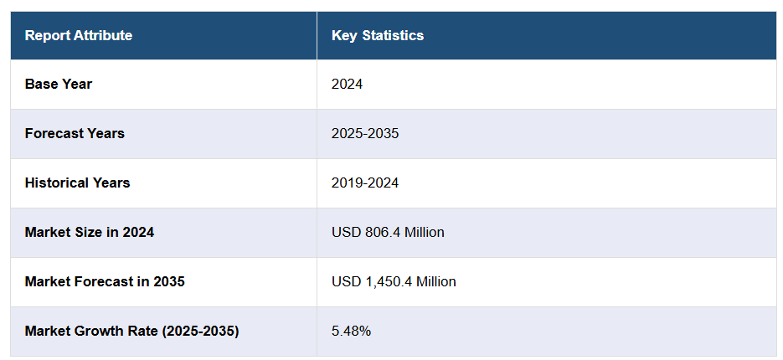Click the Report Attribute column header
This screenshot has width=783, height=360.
click(x=79, y=35)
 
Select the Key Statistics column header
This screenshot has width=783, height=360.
click(x=378, y=35)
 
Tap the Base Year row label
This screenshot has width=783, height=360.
click(x=59, y=84)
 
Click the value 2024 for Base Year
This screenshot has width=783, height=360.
click(x=348, y=84)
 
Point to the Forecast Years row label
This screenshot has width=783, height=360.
click(x=75, y=133)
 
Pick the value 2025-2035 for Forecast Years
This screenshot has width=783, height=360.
click(x=365, y=133)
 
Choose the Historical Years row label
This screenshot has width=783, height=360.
click(x=77, y=183)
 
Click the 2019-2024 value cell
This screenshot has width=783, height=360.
click(x=365, y=183)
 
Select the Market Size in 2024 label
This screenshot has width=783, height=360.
click(x=90, y=232)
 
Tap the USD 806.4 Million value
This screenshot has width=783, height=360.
click(x=388, y=232)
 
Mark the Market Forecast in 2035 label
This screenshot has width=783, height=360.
click(x=105, y=281)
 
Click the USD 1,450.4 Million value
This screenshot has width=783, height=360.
click(x=394, y=281)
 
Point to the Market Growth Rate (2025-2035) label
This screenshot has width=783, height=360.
click(x=131, y=331)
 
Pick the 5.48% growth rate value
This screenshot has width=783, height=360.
click(x=351, y=331)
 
